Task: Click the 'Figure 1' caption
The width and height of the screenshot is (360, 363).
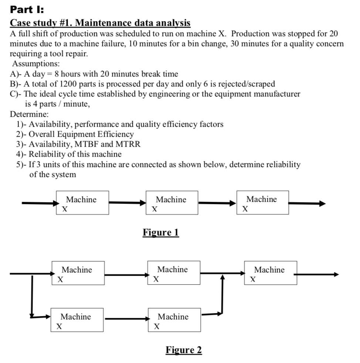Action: [x=161, y=233]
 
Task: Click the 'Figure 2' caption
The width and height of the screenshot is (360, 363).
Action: [x=184, y=350]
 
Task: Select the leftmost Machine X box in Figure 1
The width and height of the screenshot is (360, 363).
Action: [x=82, y=203]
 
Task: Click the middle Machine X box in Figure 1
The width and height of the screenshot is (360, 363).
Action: [x=172, y=203]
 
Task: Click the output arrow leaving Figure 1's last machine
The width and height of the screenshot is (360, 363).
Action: [x=307, y=203]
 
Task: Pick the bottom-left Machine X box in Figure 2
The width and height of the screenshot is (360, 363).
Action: [x=77, y=320]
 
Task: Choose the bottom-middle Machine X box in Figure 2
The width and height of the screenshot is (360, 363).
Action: [x=174, y=320]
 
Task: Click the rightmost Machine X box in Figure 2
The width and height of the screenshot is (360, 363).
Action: [x=270, y=273]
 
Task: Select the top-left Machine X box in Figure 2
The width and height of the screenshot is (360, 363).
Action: [x=78, y=273]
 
